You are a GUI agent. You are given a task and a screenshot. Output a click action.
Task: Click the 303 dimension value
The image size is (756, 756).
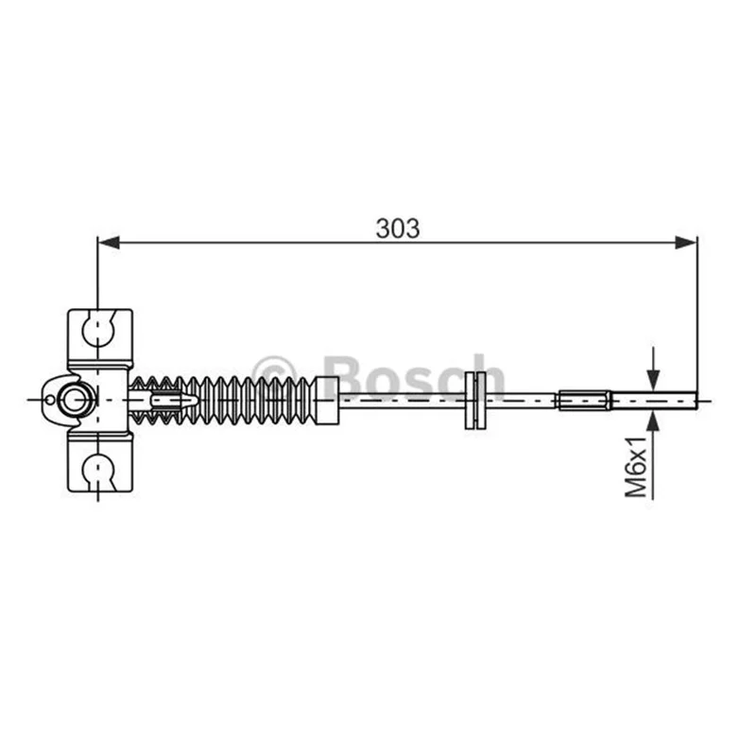point(398,229)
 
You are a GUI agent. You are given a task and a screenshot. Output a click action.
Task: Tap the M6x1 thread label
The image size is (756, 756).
point(636,467)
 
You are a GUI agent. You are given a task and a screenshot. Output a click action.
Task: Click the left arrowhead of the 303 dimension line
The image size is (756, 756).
point(108,243)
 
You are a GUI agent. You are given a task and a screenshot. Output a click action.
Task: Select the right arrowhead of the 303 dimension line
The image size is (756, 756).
point(686,243)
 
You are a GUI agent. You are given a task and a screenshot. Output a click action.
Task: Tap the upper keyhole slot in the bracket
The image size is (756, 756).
point(99,329)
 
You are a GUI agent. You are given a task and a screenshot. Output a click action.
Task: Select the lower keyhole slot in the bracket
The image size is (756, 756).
point(99,472)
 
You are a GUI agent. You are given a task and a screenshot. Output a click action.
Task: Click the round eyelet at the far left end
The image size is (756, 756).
point(73,400)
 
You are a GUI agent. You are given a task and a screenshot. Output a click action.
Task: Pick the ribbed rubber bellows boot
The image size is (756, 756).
point(222,400)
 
